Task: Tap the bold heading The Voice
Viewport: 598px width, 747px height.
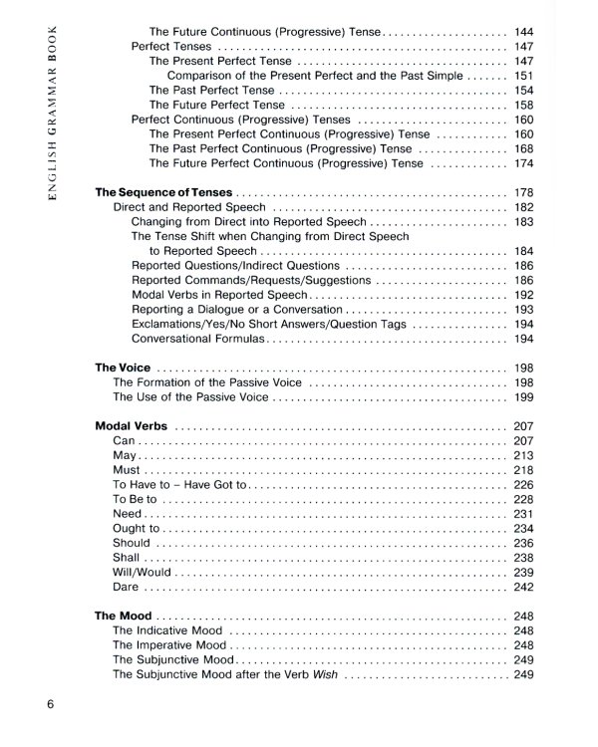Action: pos(123,368)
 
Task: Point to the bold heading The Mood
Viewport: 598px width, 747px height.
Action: pos(124,617)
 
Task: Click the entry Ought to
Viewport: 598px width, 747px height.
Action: pos(136,528)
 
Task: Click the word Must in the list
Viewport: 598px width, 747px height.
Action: pos(128,470)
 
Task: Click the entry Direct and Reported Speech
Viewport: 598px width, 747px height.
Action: pos(189,207)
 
